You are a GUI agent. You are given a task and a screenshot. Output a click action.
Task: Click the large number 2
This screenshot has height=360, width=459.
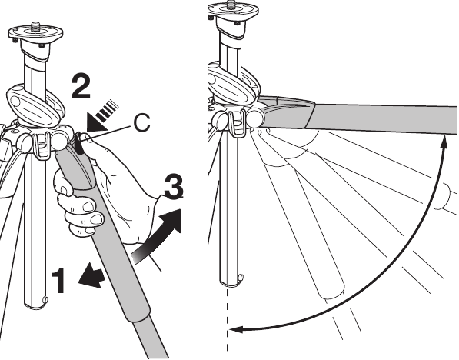click(81, 86)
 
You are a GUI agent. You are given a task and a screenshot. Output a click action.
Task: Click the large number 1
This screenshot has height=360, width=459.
click(59, 280)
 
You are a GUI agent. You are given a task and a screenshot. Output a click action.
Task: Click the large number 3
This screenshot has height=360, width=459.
click(174, 186)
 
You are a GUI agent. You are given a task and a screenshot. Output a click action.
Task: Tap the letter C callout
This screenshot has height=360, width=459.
click(141, 122)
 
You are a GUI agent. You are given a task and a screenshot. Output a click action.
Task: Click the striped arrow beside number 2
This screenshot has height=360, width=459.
click(101, 115)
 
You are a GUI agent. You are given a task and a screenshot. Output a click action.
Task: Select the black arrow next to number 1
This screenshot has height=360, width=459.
click(91, 275)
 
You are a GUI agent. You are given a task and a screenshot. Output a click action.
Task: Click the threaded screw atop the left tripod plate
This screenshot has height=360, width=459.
click(35, 26)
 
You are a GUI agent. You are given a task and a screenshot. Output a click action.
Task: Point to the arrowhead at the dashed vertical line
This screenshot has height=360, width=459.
click(235, 330)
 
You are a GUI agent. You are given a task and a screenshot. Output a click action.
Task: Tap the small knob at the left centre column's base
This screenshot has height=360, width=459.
click(45, 300)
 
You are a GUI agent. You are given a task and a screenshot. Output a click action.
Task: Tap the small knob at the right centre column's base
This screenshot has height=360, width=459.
click(241, 277)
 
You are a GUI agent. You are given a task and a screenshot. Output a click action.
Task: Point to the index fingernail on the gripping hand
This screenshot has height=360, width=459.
click(88, 206)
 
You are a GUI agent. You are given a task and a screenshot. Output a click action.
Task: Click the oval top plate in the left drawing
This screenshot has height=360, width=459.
click(35, 33)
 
